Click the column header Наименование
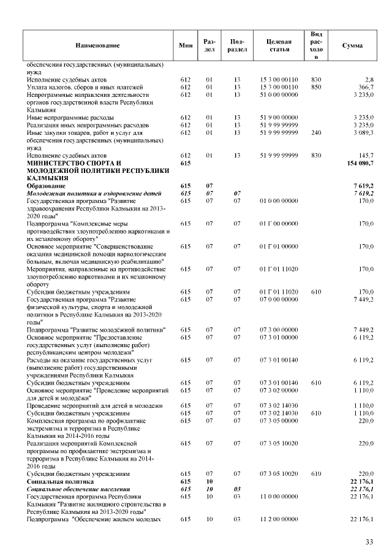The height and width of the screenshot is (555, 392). click(97, 45)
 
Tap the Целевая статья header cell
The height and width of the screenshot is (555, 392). click(279, 45)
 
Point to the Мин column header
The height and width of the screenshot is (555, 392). click(186, 45)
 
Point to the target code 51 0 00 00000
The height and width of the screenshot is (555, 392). click(279, 95)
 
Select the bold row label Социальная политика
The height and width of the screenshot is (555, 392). click(61, 481)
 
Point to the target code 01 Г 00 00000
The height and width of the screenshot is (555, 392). click(279, 224)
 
